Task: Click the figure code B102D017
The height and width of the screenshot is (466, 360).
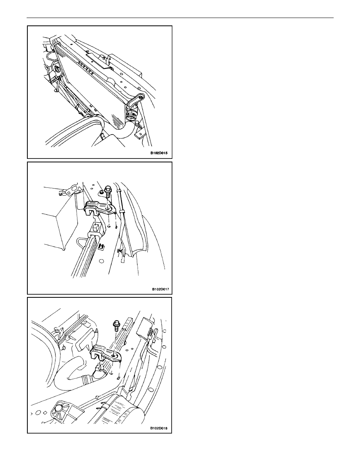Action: pyautogui.click(x=161, y=289)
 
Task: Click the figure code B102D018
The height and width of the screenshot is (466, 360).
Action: pyautogui.click(x=159, y=428)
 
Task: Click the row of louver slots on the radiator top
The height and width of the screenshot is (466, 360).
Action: pyautogui.click(x=86, y=67)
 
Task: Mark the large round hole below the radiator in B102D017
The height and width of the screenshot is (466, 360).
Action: pyautogui.click(x=101, y=261)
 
